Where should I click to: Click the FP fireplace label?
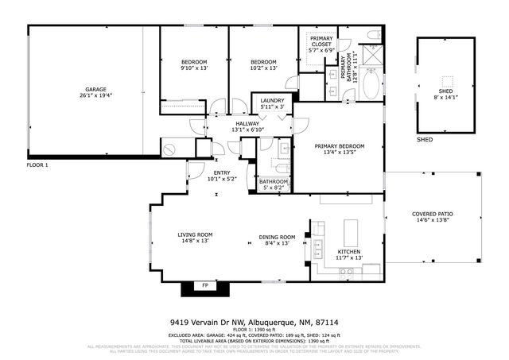[205, 285]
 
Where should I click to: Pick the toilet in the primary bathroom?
[373, 35]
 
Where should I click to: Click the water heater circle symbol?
[169, 149]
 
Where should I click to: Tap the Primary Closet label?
[321, 45]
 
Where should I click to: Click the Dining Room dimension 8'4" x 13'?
[277, 243]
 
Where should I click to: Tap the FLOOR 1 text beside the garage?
[37, 165]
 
